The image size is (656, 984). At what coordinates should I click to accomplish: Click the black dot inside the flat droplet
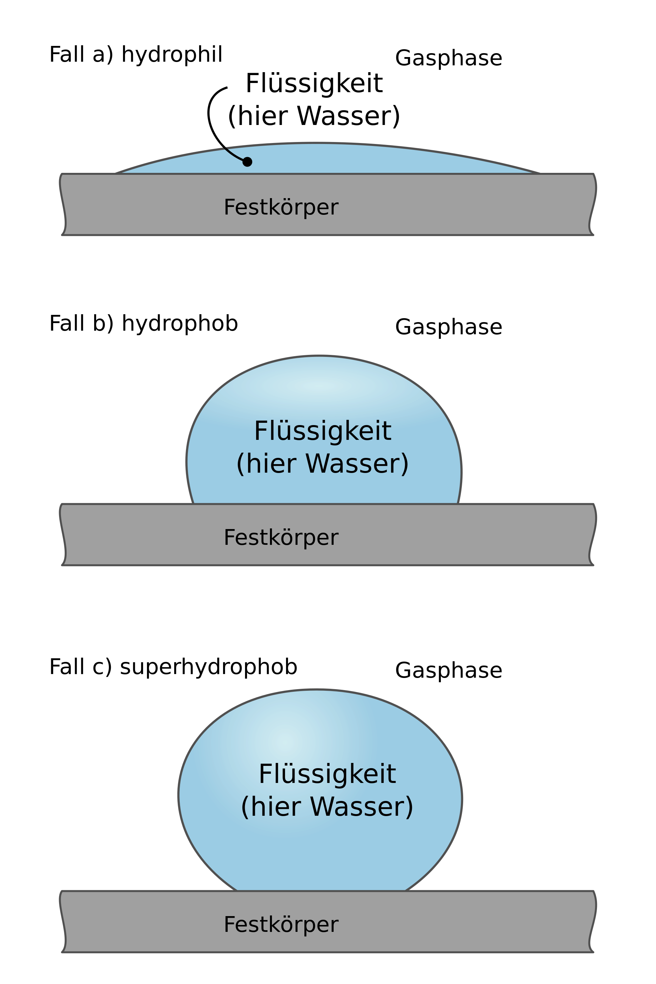point(247,161)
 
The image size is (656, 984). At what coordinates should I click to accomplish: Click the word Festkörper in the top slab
point(281,207)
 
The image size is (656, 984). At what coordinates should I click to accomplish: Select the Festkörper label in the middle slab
point(281,537)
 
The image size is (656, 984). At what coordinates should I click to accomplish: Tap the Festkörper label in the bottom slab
point(281,924)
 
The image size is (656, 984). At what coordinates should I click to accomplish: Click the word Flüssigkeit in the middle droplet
point(322,431)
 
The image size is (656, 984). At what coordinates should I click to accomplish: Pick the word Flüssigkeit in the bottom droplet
point(327,774)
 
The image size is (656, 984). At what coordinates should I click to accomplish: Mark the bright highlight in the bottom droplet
point(284,741)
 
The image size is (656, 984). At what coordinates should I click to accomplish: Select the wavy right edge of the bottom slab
point(593,922)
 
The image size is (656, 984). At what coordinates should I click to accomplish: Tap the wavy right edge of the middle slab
point(593,535)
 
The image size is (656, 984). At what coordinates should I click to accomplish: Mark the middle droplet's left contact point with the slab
point(193,503)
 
